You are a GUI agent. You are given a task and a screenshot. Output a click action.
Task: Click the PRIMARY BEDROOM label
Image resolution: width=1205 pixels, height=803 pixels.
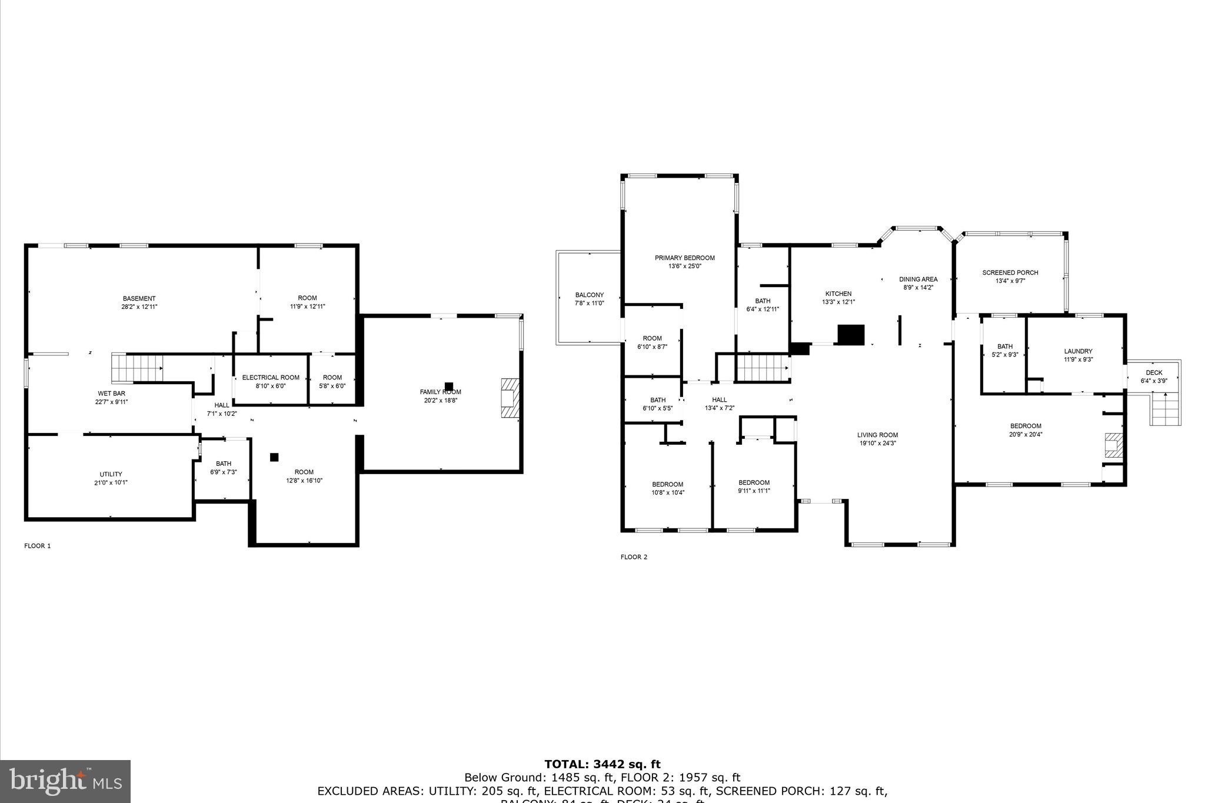[684, 258]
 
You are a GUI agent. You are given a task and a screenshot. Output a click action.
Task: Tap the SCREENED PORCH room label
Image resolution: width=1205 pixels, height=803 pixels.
[1010, 272]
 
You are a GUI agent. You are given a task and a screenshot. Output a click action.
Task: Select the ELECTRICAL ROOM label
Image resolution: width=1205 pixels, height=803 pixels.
[271, 378]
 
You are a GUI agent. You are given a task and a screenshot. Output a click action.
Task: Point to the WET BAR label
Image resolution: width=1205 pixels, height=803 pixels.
[111, 394]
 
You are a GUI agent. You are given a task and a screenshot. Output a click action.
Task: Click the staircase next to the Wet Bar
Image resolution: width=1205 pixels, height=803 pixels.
[137, 368]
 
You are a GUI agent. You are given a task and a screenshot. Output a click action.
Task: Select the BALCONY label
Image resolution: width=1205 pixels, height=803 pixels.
[589, 295]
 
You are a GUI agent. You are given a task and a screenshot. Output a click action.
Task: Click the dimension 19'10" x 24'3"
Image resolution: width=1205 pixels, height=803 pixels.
[877, 444]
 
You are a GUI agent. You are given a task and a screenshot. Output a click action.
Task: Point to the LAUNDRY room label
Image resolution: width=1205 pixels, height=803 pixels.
[1078, 351]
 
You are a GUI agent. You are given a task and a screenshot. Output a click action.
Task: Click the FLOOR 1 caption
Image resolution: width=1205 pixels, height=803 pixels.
[38, 546]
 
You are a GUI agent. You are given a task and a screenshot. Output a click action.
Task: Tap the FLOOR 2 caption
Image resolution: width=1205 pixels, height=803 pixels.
[634, 557]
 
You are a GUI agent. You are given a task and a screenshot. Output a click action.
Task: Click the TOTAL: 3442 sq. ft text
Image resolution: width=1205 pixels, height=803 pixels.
[602, 765]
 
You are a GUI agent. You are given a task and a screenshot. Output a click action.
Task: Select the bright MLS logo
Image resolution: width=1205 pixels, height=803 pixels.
[65, 781]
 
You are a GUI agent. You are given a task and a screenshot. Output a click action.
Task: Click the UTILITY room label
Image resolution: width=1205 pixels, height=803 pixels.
[111, 474]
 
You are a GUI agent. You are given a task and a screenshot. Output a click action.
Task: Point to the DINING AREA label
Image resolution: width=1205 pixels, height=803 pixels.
[918, 279]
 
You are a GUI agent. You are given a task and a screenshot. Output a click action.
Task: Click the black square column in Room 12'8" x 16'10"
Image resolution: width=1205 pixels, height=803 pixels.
[274, 457]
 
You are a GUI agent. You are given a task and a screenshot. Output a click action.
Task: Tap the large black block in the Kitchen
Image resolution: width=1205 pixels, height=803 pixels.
[851, 334]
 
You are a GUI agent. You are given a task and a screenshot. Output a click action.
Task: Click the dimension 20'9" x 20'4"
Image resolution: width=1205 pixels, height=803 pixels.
[1026, 435]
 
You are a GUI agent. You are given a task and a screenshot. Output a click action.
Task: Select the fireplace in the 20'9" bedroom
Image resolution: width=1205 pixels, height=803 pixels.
[1113, 445]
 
